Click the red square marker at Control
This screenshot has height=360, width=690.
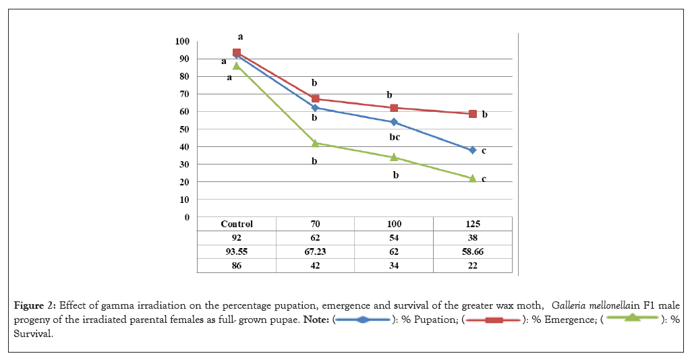pos(237,53)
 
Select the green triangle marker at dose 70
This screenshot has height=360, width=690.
pos(315,143)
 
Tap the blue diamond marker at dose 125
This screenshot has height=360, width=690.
pos(473,150)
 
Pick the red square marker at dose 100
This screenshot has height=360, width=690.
pos(394,108)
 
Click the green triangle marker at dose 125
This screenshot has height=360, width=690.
pos(473,178)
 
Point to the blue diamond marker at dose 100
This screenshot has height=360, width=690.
pos(394,122)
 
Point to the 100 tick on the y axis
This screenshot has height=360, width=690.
pos(182,41)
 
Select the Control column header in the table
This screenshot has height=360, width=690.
pos(237,224)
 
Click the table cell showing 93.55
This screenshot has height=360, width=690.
pos(237,251)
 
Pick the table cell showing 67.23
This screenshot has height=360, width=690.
pos(315,251)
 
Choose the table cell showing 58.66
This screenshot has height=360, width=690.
pos(473,251)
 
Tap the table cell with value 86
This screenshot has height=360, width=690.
pos(237,266)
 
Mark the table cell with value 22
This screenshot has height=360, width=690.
pos(473,266)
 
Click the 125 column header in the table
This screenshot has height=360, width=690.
pos(473,224)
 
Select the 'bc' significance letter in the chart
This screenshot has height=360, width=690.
pos(395,137)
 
